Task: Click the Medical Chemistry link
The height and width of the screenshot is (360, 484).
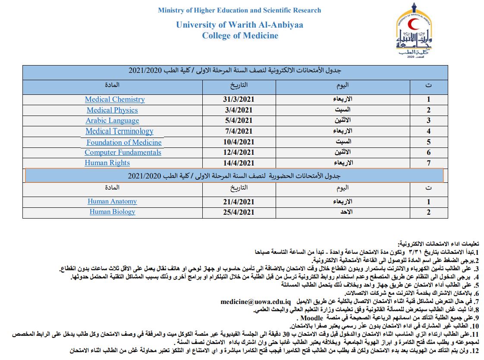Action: [x=115, y=99]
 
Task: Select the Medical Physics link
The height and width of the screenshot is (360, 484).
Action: [x=112, y=110]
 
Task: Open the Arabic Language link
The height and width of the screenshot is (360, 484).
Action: [x=112, y=121]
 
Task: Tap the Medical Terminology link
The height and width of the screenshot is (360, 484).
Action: [x=119, y=131]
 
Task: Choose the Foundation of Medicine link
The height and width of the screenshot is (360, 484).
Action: [x=124, y=142]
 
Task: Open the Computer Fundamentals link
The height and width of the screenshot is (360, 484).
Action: [x=123, y=153]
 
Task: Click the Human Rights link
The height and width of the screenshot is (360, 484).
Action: [x=107, y=163]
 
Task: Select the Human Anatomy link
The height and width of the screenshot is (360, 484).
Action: [x=112, y=201]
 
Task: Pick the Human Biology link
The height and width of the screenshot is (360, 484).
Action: [x=112, y=212]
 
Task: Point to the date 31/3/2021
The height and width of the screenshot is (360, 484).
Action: [x=239, y=99]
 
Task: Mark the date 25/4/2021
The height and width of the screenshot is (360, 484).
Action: [x=239, y=212]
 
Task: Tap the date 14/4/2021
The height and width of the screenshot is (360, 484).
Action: [x=239, y=163]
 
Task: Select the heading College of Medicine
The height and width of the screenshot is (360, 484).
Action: [x=240, y=36]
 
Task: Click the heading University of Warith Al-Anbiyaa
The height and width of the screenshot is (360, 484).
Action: [x=239, y=25]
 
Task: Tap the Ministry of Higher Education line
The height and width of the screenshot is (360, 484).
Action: [x=239, y=10]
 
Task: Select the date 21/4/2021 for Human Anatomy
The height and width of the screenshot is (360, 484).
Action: [x=239, y=201]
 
